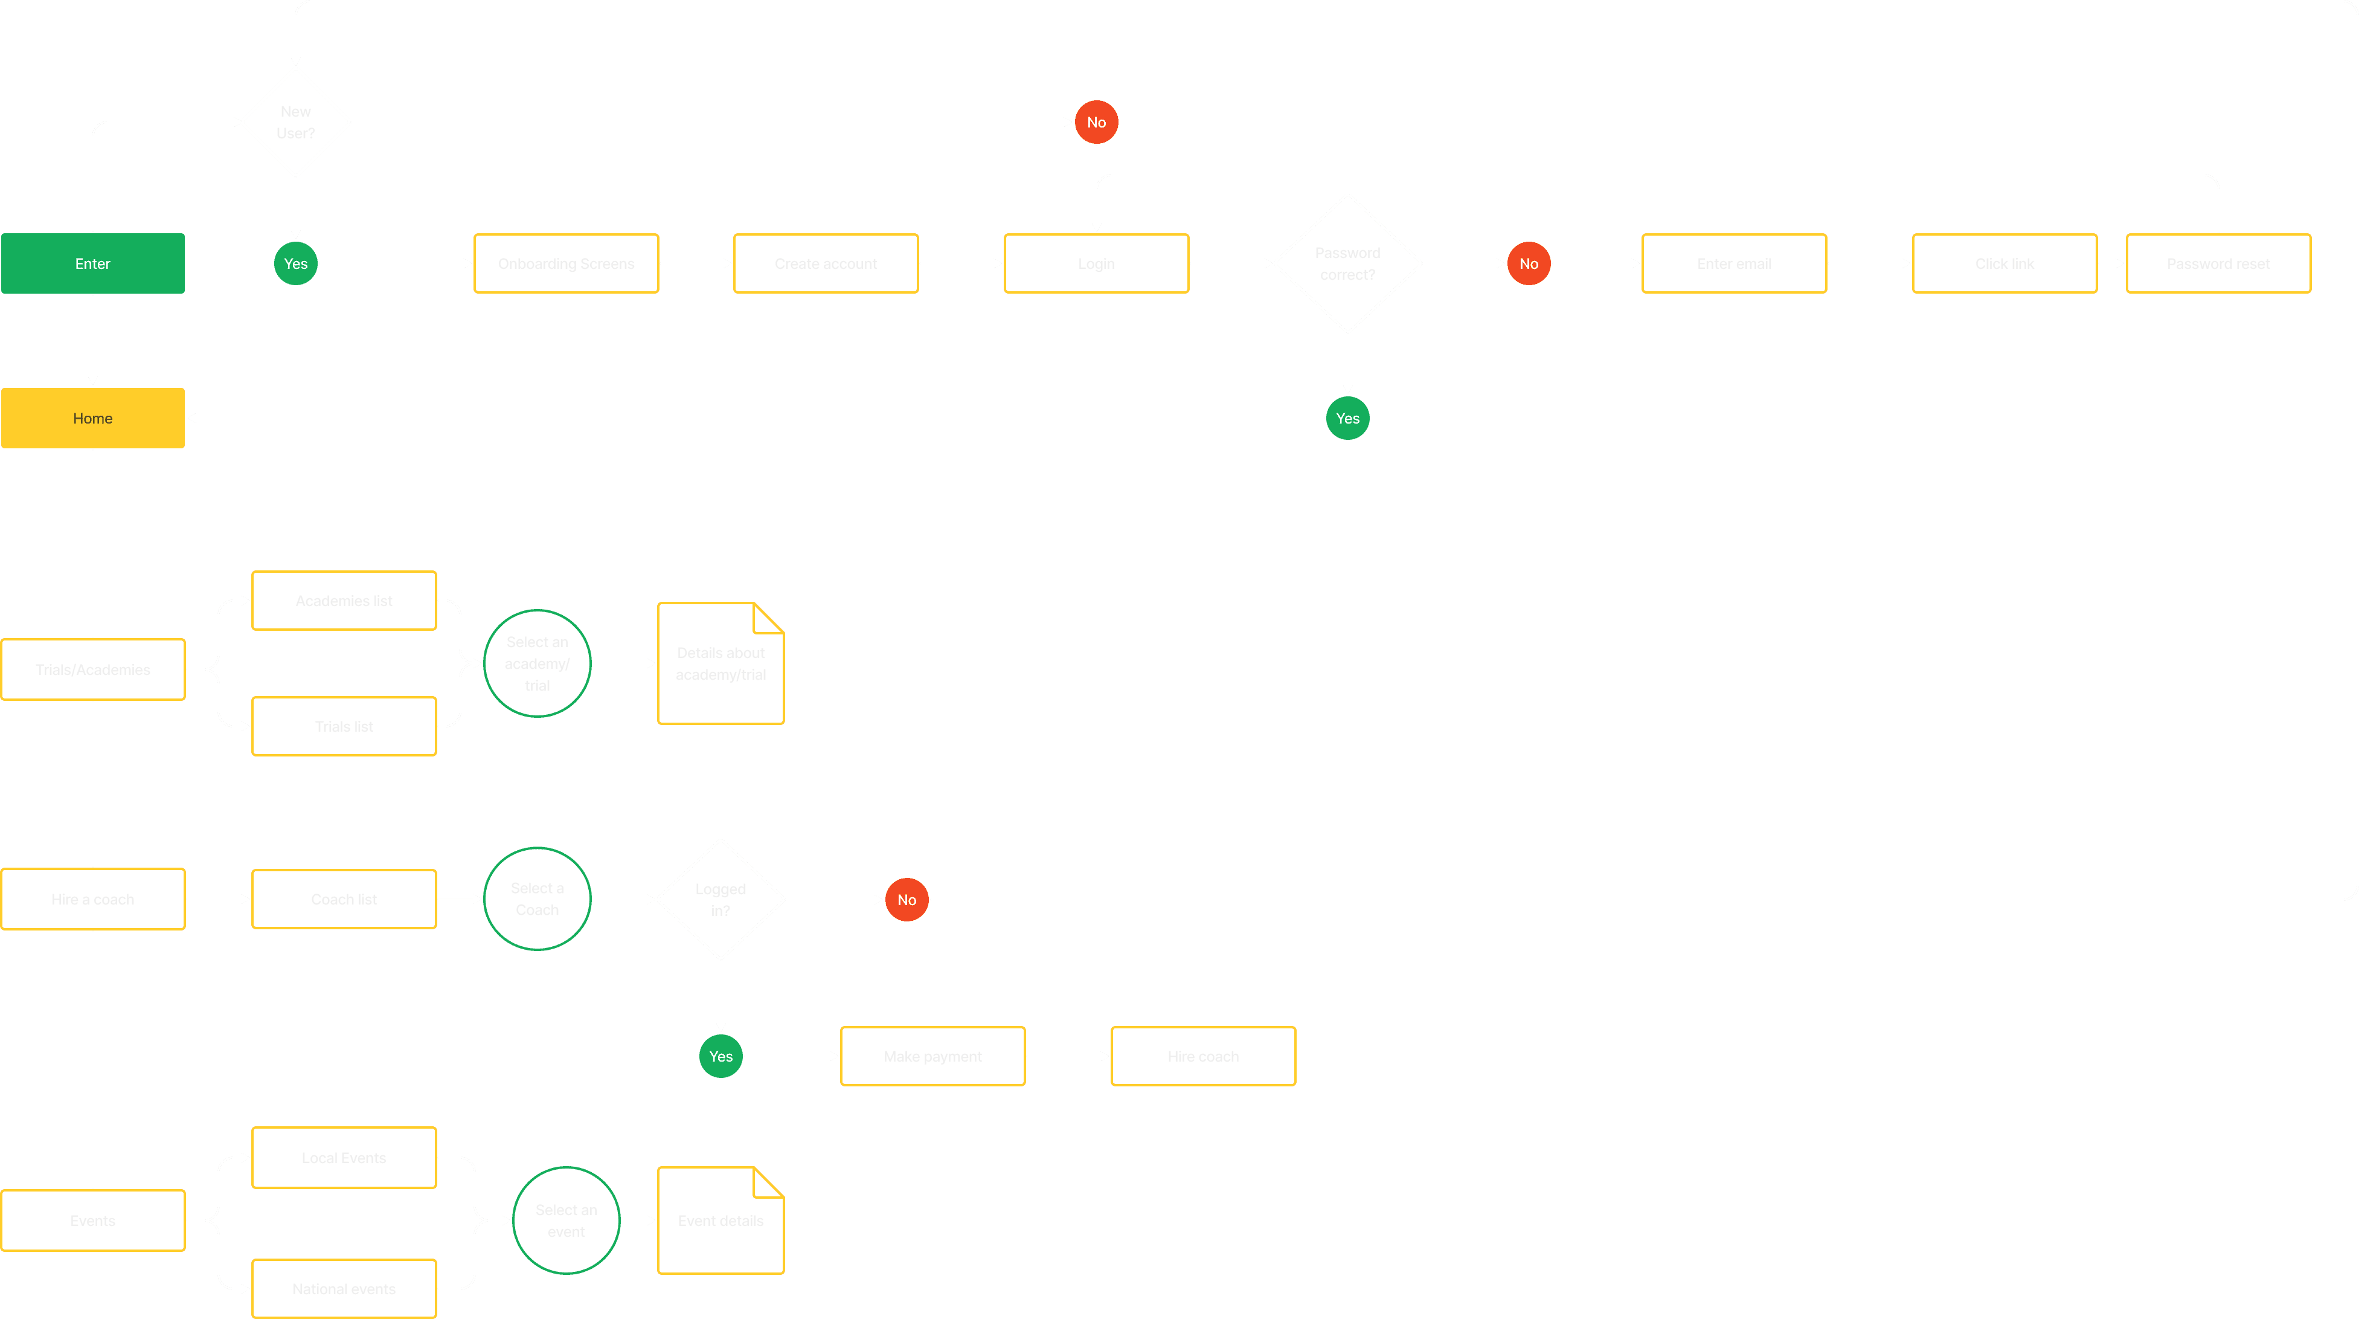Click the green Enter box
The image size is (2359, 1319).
pyautogui.click(x=92, y=264)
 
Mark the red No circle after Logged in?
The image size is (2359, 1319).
pyautogui.click(x=907, y=900)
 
